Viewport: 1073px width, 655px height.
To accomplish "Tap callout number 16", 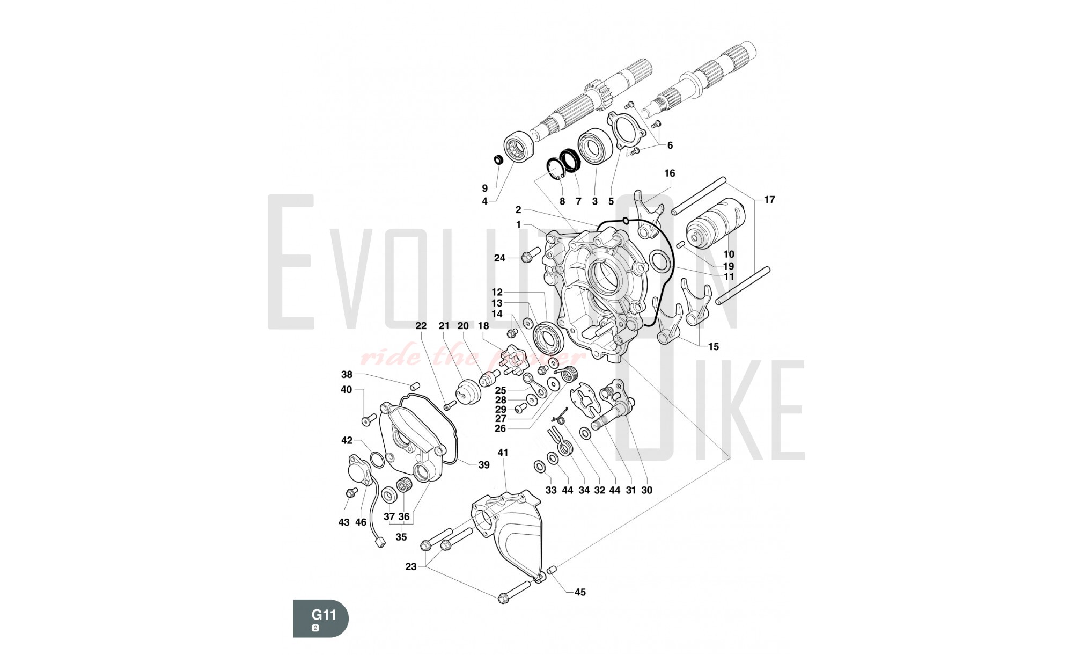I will click(670, 173).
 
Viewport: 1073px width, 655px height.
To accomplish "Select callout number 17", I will click(769, 200).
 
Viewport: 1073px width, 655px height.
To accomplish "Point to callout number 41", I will click(503, 453).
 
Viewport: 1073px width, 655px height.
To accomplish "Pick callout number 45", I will click(580, 592).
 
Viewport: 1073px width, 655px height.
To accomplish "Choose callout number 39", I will click(484, 465).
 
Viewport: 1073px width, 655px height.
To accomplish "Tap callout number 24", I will click(499, 258).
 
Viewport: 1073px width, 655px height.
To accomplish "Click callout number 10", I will click(729, 254).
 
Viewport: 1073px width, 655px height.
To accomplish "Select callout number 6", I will click(670, 145).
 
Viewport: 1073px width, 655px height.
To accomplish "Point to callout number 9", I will click(485, 188).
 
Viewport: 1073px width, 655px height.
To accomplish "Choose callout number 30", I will click(646, 490).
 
